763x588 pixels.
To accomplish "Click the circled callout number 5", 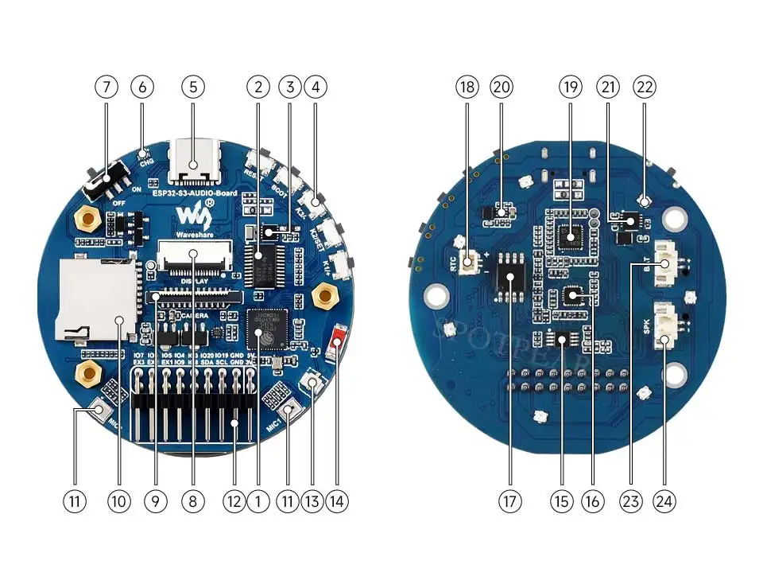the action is [x=193, y=87].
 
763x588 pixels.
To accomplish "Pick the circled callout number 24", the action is [x=665, y=501].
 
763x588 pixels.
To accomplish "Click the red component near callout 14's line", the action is [x=338, y=337].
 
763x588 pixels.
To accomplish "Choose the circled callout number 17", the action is [x=509, y=501].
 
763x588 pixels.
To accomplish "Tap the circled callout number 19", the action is [x=570, y=87].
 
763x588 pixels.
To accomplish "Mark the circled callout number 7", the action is [x=106, y=87].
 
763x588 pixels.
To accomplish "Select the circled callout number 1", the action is [x=258, y=501].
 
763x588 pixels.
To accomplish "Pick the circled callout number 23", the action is [x=631, y=501].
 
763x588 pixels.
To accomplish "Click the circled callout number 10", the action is [x=119, y=501].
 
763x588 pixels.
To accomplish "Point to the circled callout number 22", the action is [x=643, y=87].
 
